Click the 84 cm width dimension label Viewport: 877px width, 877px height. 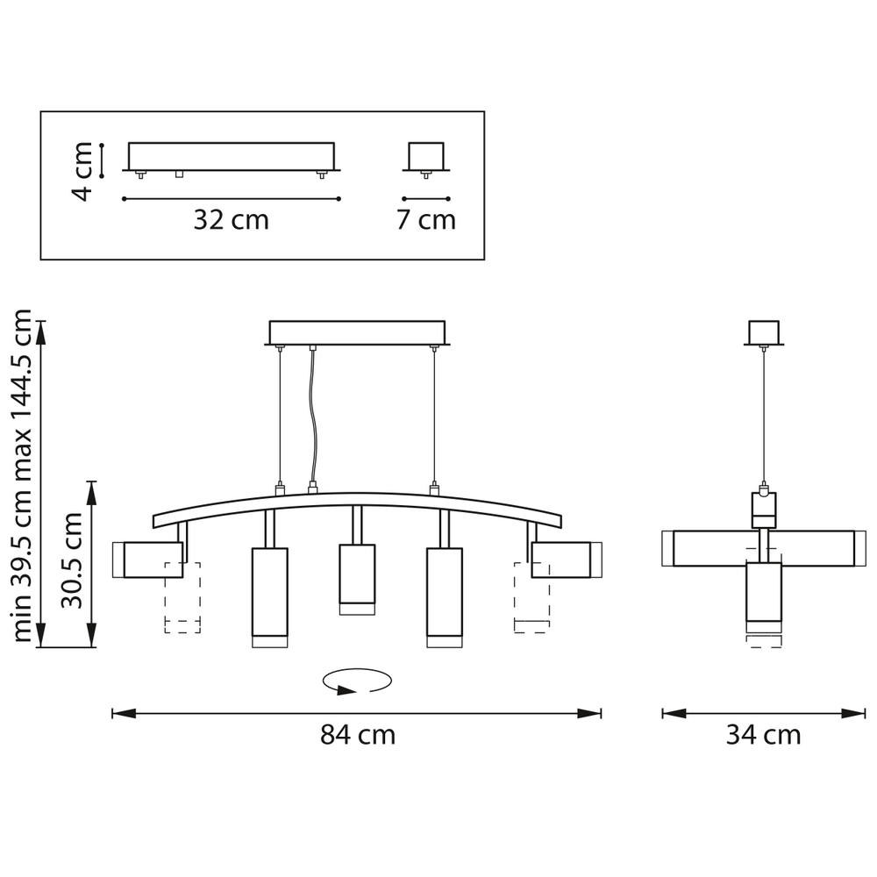358,734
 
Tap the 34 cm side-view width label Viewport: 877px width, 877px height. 764,734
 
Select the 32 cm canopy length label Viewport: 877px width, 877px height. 231,220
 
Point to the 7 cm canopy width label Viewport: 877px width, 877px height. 426,220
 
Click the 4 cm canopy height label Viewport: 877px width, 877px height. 82,171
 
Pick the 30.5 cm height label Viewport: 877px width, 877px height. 72,560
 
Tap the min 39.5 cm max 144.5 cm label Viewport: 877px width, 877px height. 22,475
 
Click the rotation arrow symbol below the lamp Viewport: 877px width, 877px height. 357,681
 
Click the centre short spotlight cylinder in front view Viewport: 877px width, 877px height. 357,580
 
